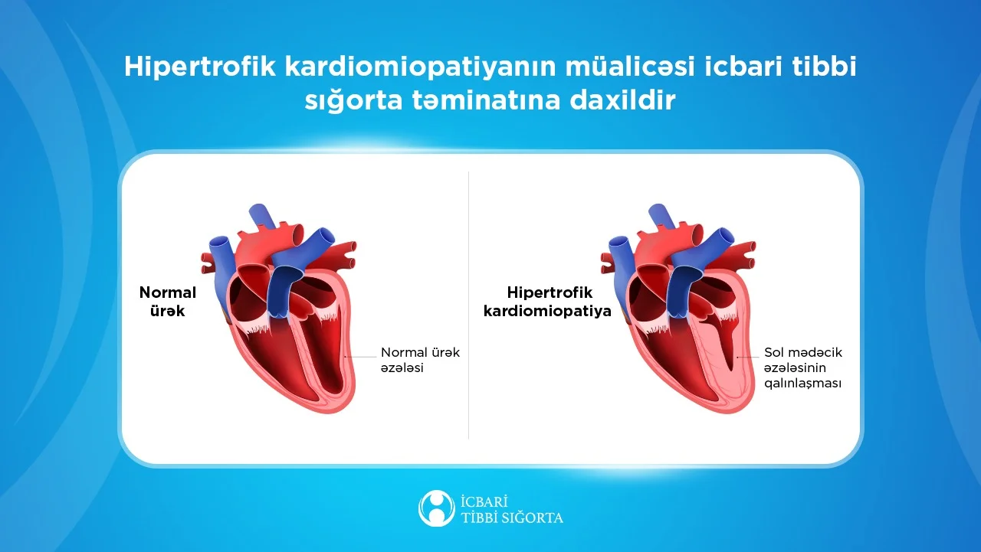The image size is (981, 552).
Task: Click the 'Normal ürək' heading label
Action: (x=167, y=302)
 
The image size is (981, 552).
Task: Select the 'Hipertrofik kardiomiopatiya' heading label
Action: (x=548, y=302)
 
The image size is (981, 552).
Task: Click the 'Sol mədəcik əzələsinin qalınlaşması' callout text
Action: (x=802, y=367)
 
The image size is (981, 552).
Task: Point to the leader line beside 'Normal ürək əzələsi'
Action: (x=360, y=357)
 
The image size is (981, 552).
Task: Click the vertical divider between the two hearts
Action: (x=468, y=306)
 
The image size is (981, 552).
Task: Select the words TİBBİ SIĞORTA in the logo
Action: (x=512, y=518)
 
